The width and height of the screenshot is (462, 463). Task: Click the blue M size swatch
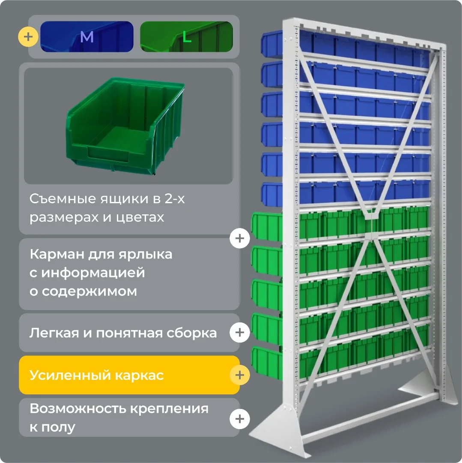click(86, 36)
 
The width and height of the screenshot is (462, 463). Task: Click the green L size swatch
click(186, 36)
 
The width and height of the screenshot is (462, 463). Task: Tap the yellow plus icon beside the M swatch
click(28, 37)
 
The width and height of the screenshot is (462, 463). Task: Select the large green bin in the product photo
click(125, 126)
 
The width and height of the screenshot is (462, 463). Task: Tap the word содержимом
click(89, 292)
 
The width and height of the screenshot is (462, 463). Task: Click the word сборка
click(192, 333)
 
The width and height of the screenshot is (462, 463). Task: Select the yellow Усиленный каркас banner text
click(96, 375)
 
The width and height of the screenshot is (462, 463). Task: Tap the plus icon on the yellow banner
click(240, 375)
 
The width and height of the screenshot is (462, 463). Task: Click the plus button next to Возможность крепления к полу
click(240, 419)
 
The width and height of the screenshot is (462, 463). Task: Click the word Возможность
click(78, 409)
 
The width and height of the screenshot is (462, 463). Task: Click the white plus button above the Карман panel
click(240, 238)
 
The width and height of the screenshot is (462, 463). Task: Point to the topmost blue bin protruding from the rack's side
click(272, 43)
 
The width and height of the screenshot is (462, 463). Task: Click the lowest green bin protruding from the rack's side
click(267, 363)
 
